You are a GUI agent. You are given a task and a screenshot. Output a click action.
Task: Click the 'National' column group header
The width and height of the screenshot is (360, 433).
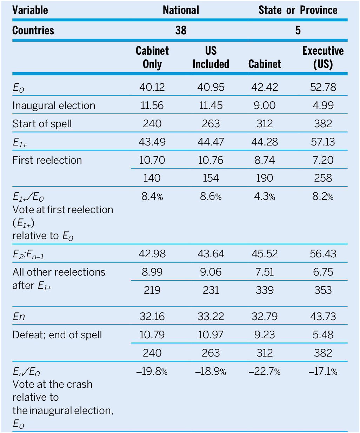pos(181,10)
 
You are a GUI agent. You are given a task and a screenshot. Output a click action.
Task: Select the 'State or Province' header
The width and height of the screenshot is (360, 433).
pos(298,10)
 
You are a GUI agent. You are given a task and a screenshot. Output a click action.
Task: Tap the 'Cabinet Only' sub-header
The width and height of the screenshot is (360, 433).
pos(152,57)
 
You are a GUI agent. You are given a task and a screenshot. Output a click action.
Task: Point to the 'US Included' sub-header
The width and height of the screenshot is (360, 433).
pos(211,57)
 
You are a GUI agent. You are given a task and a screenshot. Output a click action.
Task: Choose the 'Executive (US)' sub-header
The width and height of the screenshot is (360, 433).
pos(323,57)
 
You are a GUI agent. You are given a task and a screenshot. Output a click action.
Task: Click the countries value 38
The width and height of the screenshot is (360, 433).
pos(181,31)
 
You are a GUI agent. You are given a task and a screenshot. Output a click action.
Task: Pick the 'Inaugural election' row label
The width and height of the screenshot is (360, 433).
pos(54,106)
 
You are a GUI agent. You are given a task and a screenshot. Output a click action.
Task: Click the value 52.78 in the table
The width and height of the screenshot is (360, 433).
pos(323,87)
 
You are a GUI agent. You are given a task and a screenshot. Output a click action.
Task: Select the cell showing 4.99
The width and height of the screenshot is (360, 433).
pos(323,106)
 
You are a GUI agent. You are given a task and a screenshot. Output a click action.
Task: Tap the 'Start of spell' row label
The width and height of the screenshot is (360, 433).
pos(42,124)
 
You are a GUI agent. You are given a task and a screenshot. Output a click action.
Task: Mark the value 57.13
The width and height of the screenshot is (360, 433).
pos(323,142)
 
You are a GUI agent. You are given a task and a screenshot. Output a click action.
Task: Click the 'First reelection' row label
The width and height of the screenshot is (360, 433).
pos(47,160)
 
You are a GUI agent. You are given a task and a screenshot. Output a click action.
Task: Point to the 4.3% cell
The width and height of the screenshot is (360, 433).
pos(265,197)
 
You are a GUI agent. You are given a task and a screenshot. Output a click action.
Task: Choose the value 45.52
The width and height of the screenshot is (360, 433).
pos(265,254)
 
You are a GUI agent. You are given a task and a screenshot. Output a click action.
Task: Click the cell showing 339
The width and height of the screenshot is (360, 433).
pos(265,290)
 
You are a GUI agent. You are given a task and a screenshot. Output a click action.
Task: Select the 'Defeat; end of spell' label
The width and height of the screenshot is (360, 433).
pos(57,335)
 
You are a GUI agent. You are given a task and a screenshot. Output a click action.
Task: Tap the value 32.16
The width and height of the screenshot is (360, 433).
pos(152,317)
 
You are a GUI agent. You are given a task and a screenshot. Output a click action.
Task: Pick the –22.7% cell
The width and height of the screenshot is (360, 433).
pos(265,371)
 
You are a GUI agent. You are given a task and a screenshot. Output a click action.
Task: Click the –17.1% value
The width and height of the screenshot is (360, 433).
pos(323,371)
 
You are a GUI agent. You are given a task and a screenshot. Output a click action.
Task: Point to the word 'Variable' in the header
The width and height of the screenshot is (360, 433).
pos(30,10)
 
